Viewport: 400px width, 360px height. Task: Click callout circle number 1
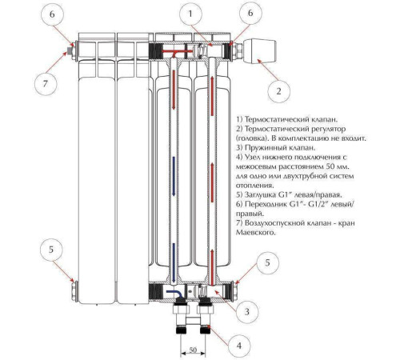pyautogui.click(x=190, y=14)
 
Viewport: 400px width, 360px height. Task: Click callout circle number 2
pyautogui.click(x=278, y=91)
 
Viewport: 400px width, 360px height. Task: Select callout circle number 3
pyautogui.click(x=247, y=311)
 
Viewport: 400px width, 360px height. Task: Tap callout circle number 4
pyautogui.click(x=239, y=346)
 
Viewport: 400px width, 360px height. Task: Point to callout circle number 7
pyautogui.click(x=46, y=84)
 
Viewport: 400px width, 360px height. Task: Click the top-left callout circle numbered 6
pyautogui.click(x=52, y=14)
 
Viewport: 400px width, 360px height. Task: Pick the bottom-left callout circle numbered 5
pyautogui.click(x=51, y=250)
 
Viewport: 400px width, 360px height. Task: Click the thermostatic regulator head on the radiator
pyautogui.click(x=259, y=50)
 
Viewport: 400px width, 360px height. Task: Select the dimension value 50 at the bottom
pyautogui.click(x=193, y=350)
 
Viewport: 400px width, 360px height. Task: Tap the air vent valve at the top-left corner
pyautogui.click(x=70, y=50)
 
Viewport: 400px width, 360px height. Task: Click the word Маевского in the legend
pyautogui.click(x=255, y=233)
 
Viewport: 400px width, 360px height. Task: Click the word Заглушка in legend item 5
pyautogui.click(x=261, y=194)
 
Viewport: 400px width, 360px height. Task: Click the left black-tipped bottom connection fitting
pyautogui.click(x=182, y=318)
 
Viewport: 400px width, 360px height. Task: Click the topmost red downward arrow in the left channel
pyautogui.click(x=174, y=90)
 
